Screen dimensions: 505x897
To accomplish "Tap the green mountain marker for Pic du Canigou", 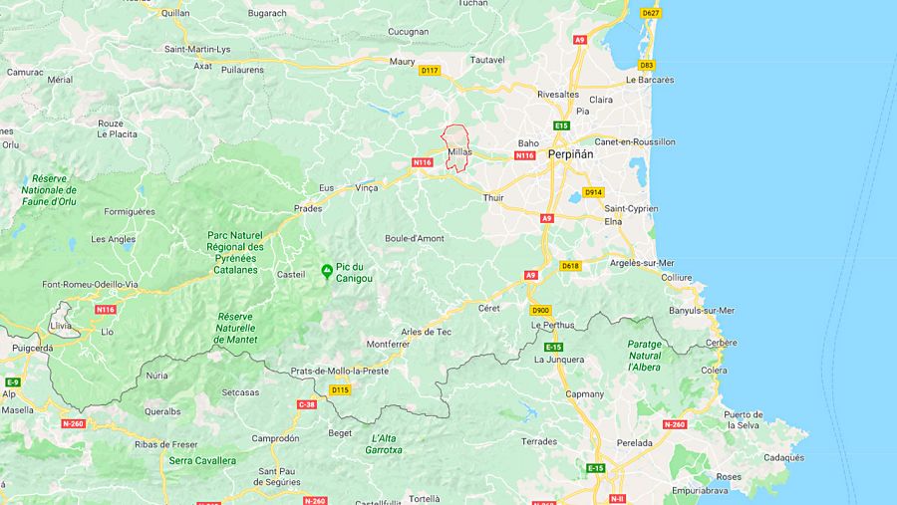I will coord(326,271).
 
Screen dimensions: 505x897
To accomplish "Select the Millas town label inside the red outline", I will coord(459,152).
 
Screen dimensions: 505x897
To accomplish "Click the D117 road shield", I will coord(430,71).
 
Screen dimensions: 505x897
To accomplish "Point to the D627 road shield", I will coord(650,13).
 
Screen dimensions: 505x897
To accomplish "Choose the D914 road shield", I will coord(593,192).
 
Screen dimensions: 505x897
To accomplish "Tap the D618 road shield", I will coord(570,266).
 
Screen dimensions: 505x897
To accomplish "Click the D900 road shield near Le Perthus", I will coord(540,310).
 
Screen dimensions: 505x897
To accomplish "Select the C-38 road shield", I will coord(306,404).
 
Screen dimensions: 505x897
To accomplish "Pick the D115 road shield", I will coord(340,389).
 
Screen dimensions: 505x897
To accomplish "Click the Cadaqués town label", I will coord(783,458).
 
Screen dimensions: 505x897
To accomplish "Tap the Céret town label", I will coord(488,309).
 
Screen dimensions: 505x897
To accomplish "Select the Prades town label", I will coord(308,209).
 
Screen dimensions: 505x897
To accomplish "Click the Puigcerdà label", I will coord(33,349).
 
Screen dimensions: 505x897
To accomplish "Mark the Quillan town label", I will coord(174,14).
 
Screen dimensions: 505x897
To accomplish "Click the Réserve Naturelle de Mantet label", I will coord(235,328).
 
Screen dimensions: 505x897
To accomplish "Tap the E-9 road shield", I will coord(12,382).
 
